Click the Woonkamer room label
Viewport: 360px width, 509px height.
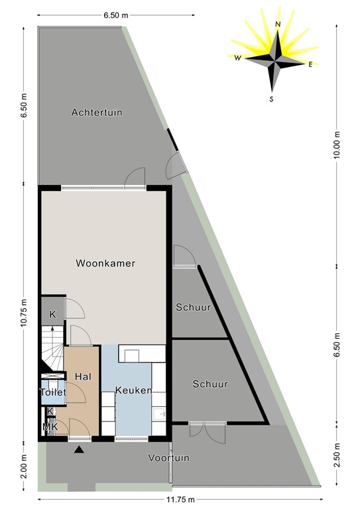pos(105,263)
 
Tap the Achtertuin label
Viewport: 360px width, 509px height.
pos(97,113)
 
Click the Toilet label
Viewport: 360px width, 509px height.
pos(53,392)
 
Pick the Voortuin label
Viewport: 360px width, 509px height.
pos(168,457)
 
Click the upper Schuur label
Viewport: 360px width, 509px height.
pos(193,308)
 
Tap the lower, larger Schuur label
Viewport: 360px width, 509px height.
pos(210,384)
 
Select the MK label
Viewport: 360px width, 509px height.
pos(50,427)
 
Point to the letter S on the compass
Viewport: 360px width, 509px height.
pos(271,99)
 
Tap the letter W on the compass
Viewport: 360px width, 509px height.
pos(237,58)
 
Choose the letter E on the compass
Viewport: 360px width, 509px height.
pos(310,64)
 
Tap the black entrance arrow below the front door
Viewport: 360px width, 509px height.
pos(79,450)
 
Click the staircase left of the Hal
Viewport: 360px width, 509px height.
pos(51,345)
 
